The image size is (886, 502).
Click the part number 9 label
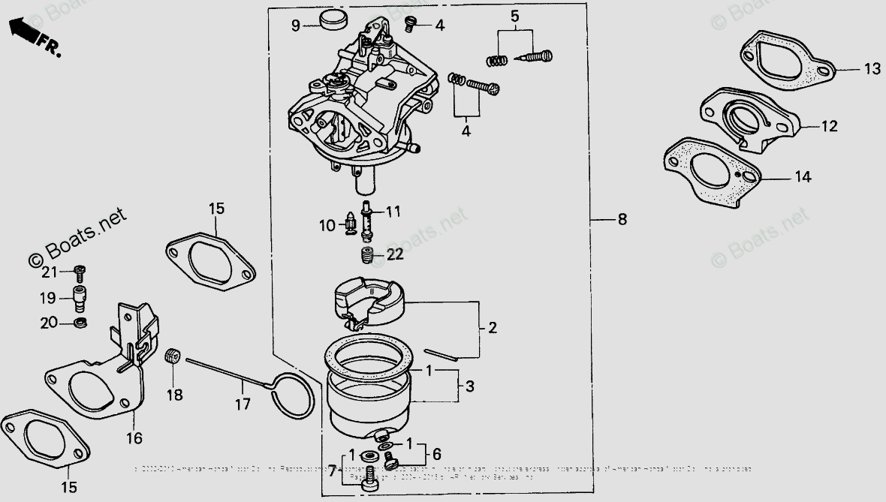click(296, 26)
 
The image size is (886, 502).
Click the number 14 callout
click(803, 178)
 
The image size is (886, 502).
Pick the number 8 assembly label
click(622, 220)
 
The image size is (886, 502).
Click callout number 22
click(395, 254)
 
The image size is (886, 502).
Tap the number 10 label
click(326, 224)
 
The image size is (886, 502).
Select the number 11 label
click(394, 212)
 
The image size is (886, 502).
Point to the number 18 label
click(175, 395)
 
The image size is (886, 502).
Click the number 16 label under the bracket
click(134, 437)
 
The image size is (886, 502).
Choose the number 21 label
click(49, 272)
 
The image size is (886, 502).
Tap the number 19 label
click(49, 298)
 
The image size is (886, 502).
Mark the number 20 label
click(49, 323)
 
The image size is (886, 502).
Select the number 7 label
click(333, 470)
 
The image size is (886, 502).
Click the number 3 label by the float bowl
click(469, 387)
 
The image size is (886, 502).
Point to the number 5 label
click(514, 16)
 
